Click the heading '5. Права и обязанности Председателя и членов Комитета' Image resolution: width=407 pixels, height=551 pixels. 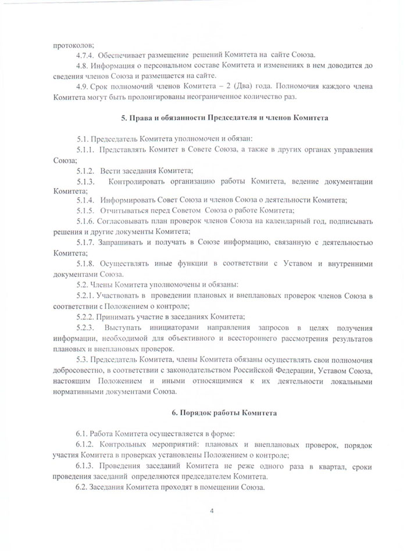pos(224,118)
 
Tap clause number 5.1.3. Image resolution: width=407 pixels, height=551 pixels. pos(85,181)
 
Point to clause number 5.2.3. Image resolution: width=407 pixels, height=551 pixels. pos(85,327)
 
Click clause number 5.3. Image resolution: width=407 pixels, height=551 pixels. pos(83,360)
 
